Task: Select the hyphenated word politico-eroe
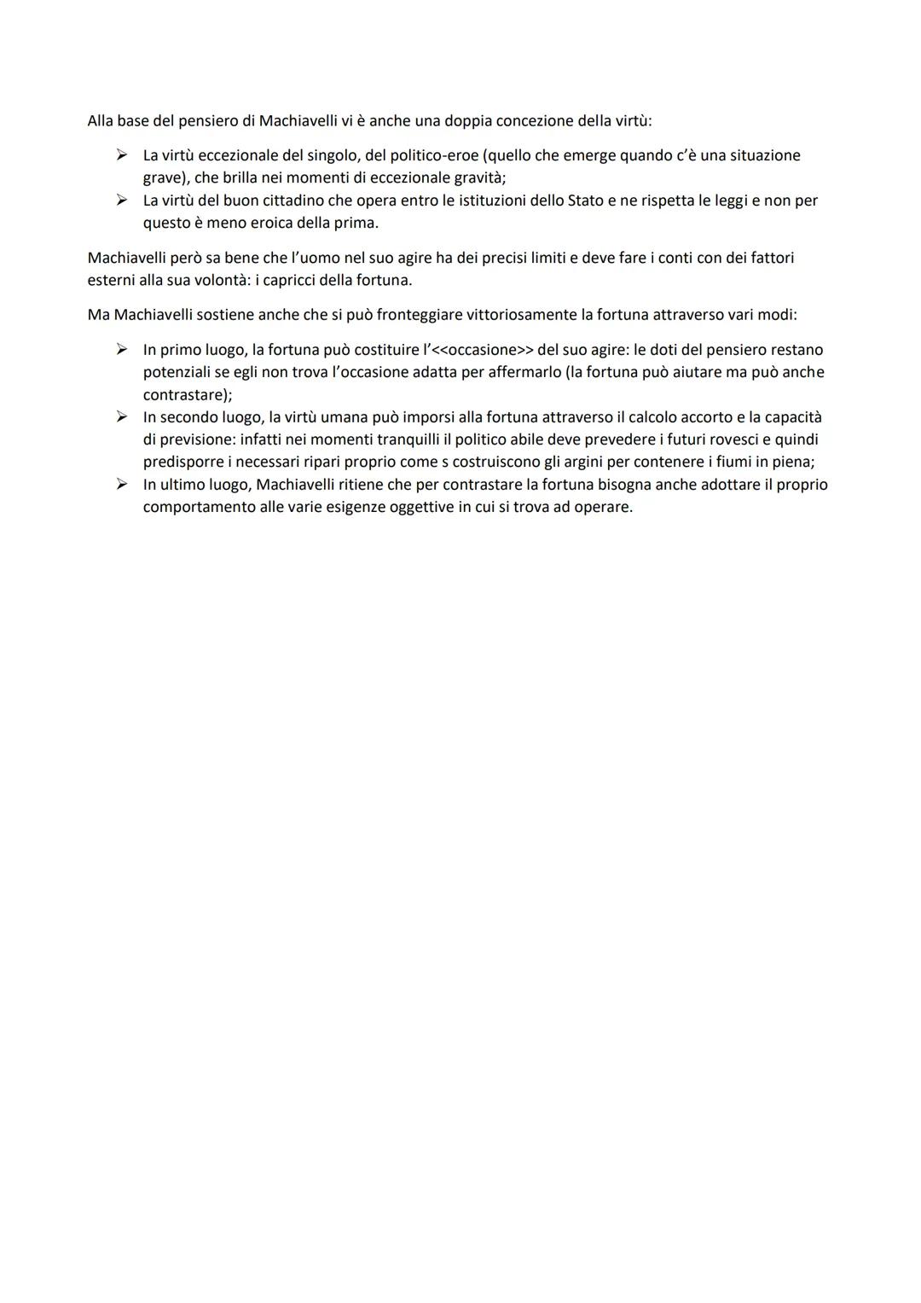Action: click(423, 155)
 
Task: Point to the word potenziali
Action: click(178, 372)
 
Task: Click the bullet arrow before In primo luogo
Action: click(122, 349)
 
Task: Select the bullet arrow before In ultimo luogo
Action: click(122, 484)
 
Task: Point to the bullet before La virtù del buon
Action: click(122, 201)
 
